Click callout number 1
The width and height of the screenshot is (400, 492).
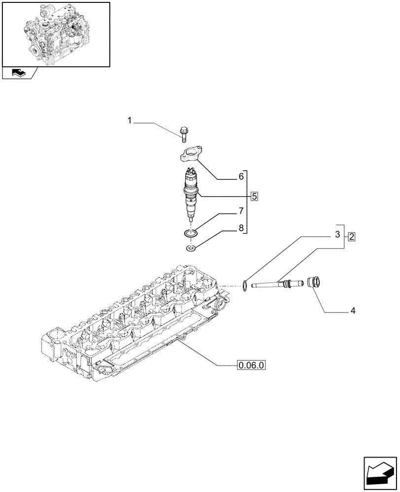[130, 121]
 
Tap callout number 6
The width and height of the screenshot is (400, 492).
[241, 176]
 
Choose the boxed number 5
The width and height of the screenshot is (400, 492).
[254, 196]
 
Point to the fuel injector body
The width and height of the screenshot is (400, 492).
[191, 194]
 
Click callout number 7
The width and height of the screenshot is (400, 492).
[241, 212]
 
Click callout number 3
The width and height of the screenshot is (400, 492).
[338, 235]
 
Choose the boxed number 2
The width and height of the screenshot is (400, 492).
[351, 236]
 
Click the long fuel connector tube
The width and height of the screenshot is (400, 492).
[273, 284]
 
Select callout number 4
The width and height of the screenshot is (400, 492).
[353, 311]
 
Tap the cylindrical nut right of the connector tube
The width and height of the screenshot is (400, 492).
[313, 283]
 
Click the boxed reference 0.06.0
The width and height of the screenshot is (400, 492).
[251, 365]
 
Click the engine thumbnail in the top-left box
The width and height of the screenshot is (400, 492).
[56, 34]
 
